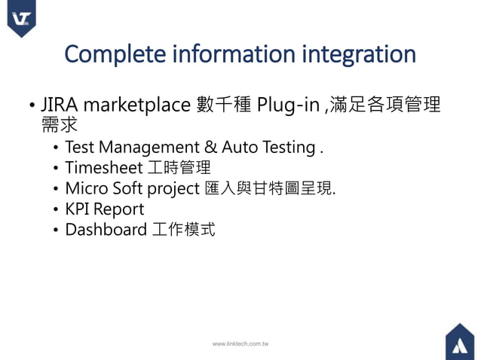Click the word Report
(119, 209)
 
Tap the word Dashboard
(106, 229)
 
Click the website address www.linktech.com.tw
(240, 343)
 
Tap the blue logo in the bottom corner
(459, 341)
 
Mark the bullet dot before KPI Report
(57, 209)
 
